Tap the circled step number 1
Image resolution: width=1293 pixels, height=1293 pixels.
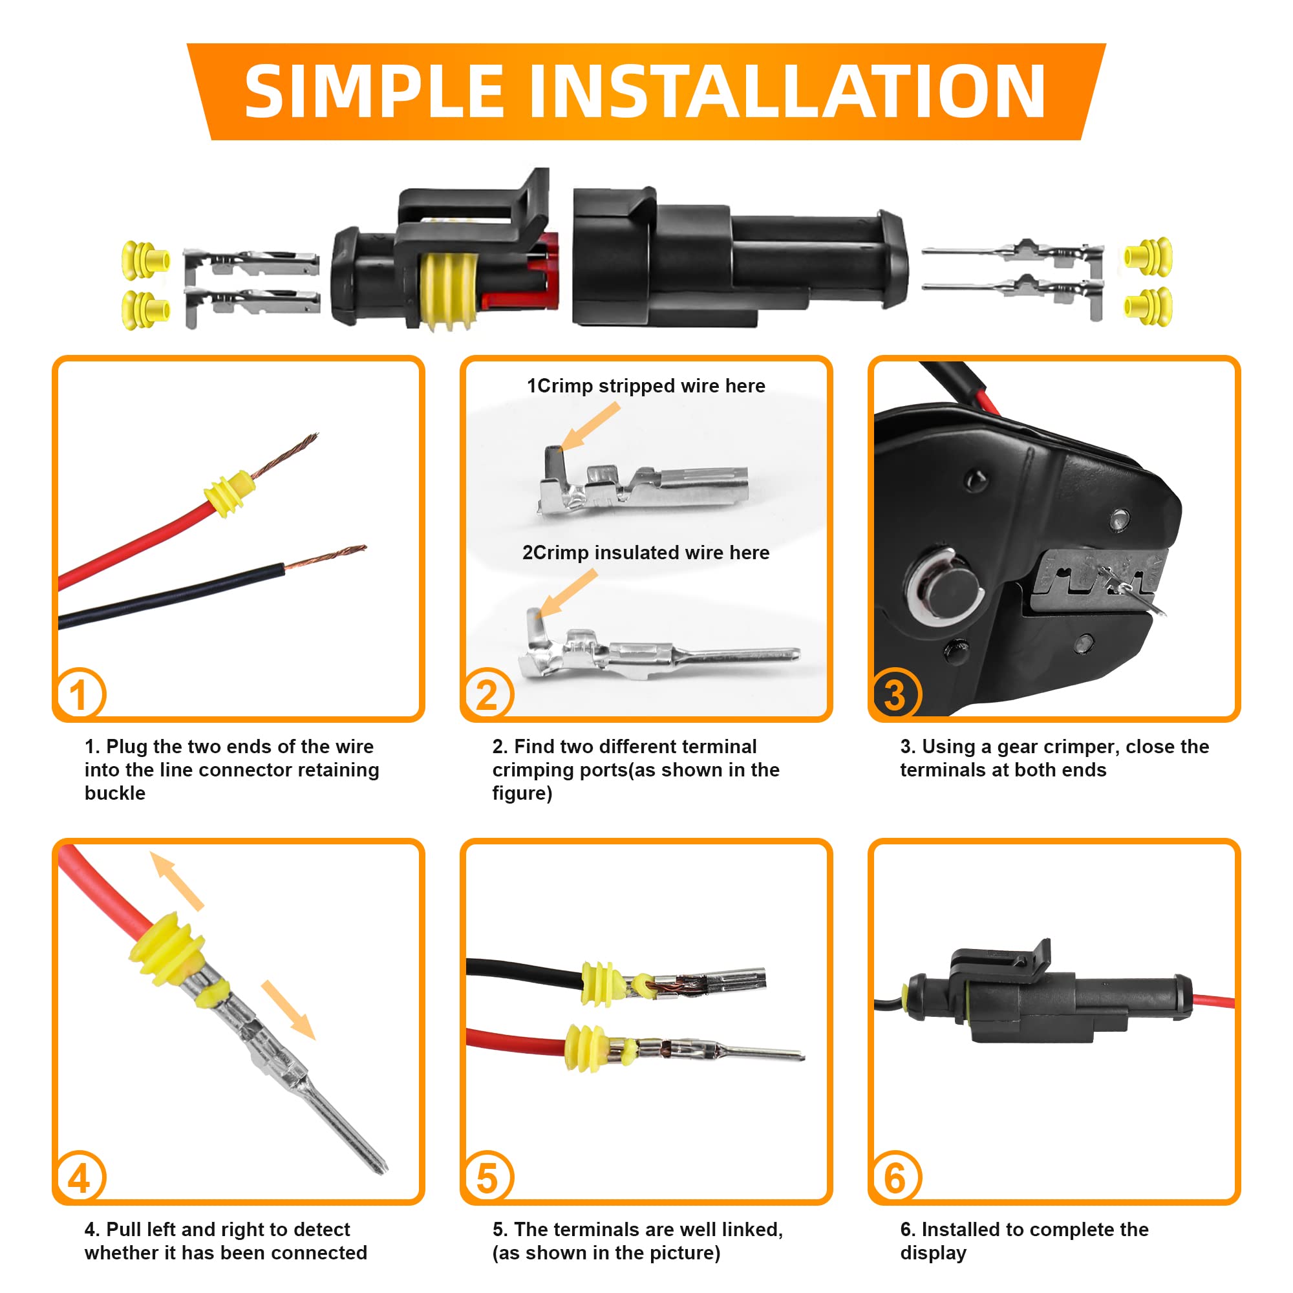[x=79, y=694]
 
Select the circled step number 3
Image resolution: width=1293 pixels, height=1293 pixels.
[x=895, y=694]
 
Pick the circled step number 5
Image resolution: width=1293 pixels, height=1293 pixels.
[x=487, y=1177]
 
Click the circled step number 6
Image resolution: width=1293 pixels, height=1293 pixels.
[x=895, y=1177]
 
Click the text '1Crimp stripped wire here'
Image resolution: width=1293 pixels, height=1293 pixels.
[x=646, y=386]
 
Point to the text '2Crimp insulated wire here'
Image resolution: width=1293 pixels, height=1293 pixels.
[x=646, y=553]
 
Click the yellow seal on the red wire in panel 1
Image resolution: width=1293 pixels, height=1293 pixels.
[x=229, y=494]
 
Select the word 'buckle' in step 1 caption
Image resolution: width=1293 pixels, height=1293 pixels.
[x=114, y=793]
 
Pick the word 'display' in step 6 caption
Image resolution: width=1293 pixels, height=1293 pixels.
[x=933, y=1252]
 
